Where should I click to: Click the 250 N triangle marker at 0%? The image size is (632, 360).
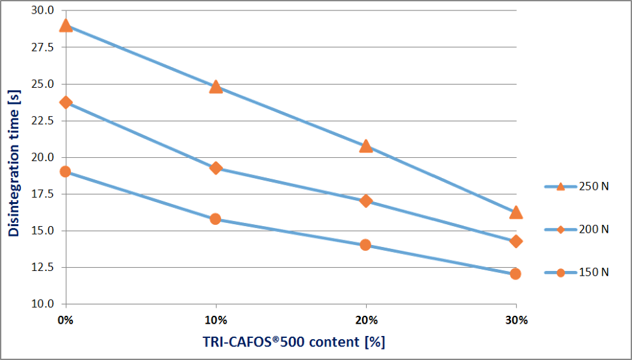tap(66, 26)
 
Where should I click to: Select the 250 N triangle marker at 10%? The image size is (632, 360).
tap(216, 86)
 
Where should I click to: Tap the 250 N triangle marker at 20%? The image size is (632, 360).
tap(365, 146)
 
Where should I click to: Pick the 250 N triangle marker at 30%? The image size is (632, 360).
tap(516, 212)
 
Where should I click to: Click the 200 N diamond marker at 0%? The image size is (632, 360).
tap(66, 102)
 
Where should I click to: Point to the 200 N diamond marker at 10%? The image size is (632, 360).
tap(216, 168)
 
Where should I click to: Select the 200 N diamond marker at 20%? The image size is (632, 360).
tap(365, 201)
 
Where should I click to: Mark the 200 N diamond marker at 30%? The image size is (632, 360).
tap(516, 241)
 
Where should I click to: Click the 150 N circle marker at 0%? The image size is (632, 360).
tap(66, 172)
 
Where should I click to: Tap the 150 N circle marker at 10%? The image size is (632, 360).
tap(216, 219)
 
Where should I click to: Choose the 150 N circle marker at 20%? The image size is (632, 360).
tap(365, 244)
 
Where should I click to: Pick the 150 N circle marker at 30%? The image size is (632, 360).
tap(516, 274)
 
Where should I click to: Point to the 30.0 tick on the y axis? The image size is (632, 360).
tap(44, 11)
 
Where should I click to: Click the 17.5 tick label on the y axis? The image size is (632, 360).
tap(44, 194)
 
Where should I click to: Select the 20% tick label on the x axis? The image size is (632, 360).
tap(365, 319)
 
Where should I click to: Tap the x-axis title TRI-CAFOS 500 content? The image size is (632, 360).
tap(293, 342)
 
